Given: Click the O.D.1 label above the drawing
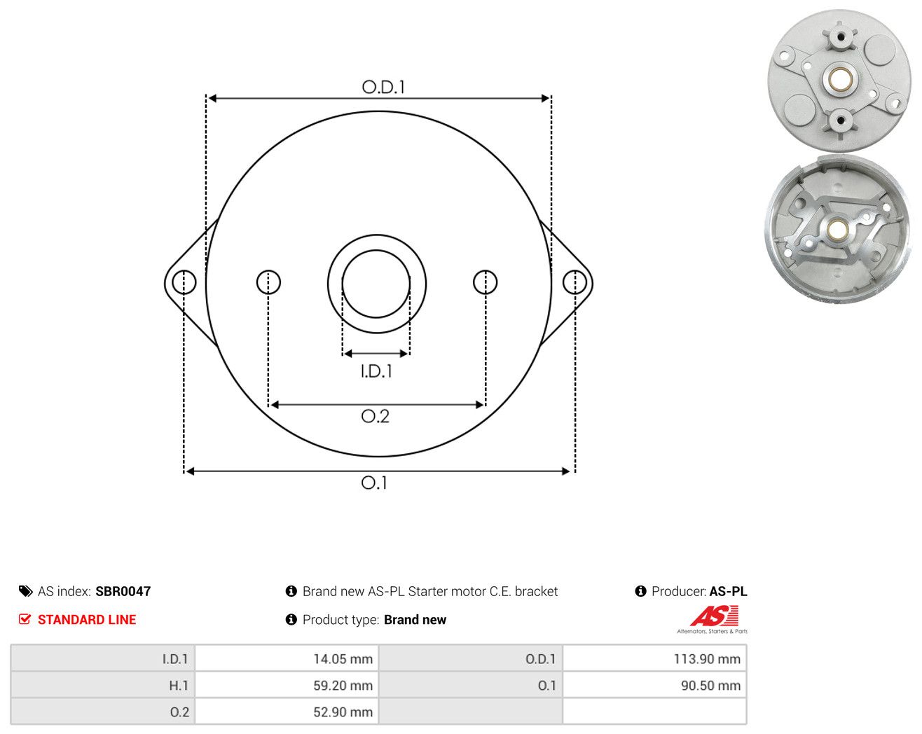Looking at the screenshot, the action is tap(383, 87).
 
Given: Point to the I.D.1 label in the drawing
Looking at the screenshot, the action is tap(376, 371).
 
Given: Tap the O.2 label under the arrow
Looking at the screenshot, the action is tap(376, 416).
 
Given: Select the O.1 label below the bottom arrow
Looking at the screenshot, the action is tap(374, 483).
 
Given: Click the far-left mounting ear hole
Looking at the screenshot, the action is tap(184, 282).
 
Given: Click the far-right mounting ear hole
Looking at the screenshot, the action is tap(574, 282).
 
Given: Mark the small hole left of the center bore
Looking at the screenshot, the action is tap(268, 282).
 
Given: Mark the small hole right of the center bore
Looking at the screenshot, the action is tap(486, 282).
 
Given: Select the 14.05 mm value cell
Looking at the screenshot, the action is tap(286, 658).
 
